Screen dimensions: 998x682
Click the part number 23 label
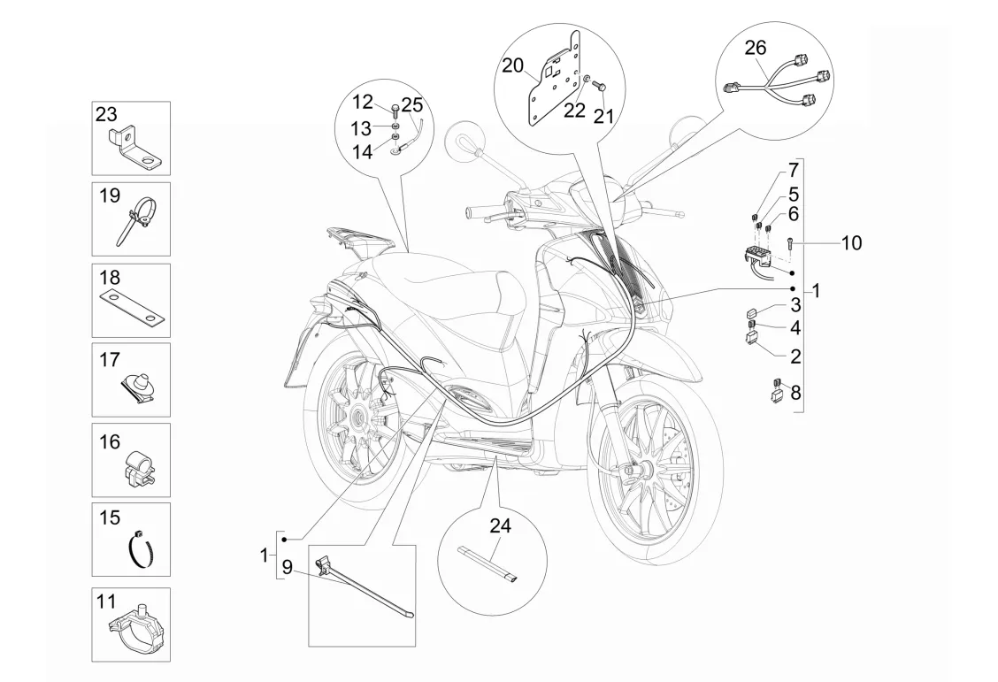tap(106, 114)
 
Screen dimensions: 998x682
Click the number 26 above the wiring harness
tap(756, 48)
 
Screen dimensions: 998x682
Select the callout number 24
tap(500, 526)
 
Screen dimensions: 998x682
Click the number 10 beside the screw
tap(851, 242)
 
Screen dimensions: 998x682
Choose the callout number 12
tap(363, 101)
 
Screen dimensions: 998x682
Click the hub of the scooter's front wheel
tap(641, 471)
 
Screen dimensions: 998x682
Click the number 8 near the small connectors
tap(795, 393)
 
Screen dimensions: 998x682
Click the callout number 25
tap(411, 103)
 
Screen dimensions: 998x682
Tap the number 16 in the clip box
tap(110, 441)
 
